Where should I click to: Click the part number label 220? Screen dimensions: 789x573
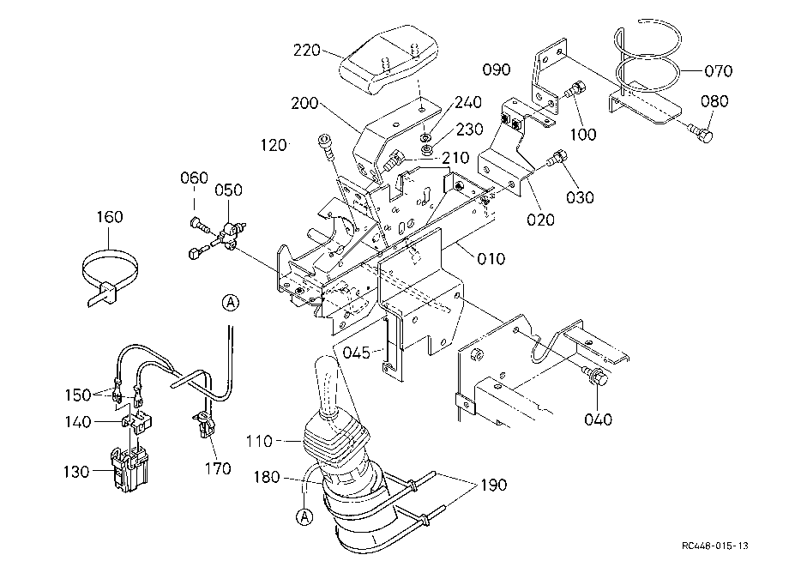[307, 51]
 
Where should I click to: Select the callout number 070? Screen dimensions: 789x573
[718, 71]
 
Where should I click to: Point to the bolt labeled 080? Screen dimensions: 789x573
[701, 133]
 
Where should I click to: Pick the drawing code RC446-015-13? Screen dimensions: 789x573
[715, 546]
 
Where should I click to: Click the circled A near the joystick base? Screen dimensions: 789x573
[304, 516]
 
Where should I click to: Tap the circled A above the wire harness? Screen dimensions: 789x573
[231, 303]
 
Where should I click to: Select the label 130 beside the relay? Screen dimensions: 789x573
[76, 472]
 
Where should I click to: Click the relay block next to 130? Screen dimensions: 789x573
[129, 468]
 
